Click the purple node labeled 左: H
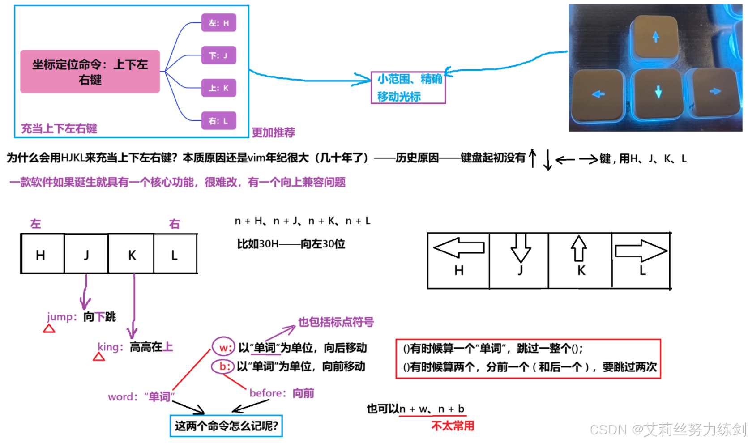coord(218,23)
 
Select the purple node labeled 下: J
coord(218,55)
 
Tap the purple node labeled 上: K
coord(218,88)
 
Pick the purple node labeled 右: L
coord(218,121)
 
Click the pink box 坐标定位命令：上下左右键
coord(90,72)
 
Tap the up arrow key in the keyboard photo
coord(655,38)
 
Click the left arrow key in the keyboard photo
coord(598,94)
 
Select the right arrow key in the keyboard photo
coord(714,92)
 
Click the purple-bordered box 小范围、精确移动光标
coord(408,88)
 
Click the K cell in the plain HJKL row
coord(132,255)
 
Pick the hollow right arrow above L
coord(641,250)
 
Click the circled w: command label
coord(224,348)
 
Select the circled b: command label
coord(223,366)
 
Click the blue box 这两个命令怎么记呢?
coord(226,426)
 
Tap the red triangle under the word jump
coord(49,329)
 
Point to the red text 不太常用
coord(453,426)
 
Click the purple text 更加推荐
coord(273,132)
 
